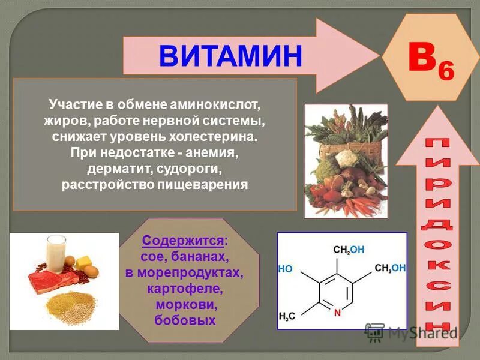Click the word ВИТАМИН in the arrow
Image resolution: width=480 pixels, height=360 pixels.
[x=230, y=55]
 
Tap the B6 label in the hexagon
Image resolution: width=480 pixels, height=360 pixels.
[x=430, y=62]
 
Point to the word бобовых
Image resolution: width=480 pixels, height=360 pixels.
[x=185, y=321]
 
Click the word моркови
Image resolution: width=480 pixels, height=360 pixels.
[x=185, y=305]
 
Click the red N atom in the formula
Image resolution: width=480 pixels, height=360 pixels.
[x=337, y=312]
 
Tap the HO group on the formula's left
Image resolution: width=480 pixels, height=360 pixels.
[x=286, y=269]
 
